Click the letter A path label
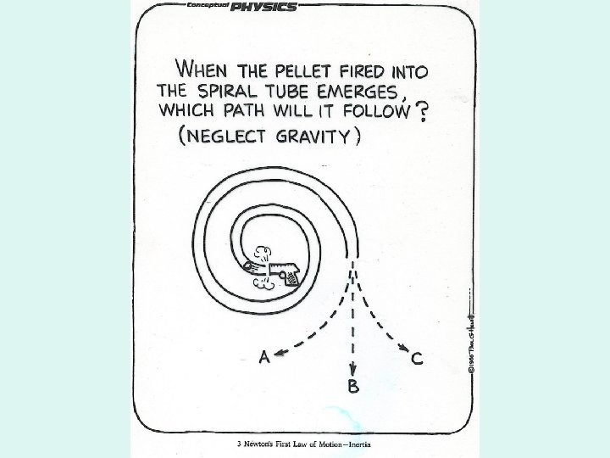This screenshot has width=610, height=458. (x=264, y=357)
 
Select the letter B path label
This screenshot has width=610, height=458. (x=352, y=387)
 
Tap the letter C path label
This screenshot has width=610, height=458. (x=416, y=360)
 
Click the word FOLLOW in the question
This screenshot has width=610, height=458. (x=367, y=111)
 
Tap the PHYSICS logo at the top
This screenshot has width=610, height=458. (x=265, y=7)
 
